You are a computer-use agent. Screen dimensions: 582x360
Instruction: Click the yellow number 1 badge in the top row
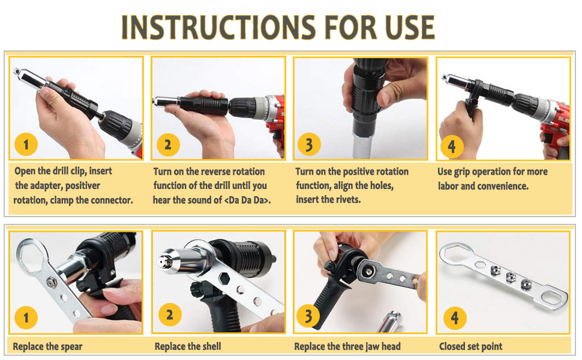(26, 145)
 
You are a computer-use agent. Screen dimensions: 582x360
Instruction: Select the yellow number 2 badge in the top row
(168, 145)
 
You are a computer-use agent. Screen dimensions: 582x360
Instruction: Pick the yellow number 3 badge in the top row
(309, 145)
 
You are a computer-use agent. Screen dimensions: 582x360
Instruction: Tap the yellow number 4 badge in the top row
(452, 146)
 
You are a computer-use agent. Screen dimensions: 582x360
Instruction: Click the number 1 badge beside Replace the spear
(26, 317)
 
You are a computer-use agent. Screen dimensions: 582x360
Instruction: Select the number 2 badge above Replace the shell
(170, 315)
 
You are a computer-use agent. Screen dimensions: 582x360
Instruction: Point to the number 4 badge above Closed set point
(455, 318)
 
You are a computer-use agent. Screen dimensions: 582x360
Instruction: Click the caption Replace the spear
(47, 347)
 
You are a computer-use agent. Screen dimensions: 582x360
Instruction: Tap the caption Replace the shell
(188, 347)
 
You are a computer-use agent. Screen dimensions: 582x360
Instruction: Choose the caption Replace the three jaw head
(347, 347)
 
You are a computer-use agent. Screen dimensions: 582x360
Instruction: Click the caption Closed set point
(470, 347)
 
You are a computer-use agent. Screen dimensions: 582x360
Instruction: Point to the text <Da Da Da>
(247, 200)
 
